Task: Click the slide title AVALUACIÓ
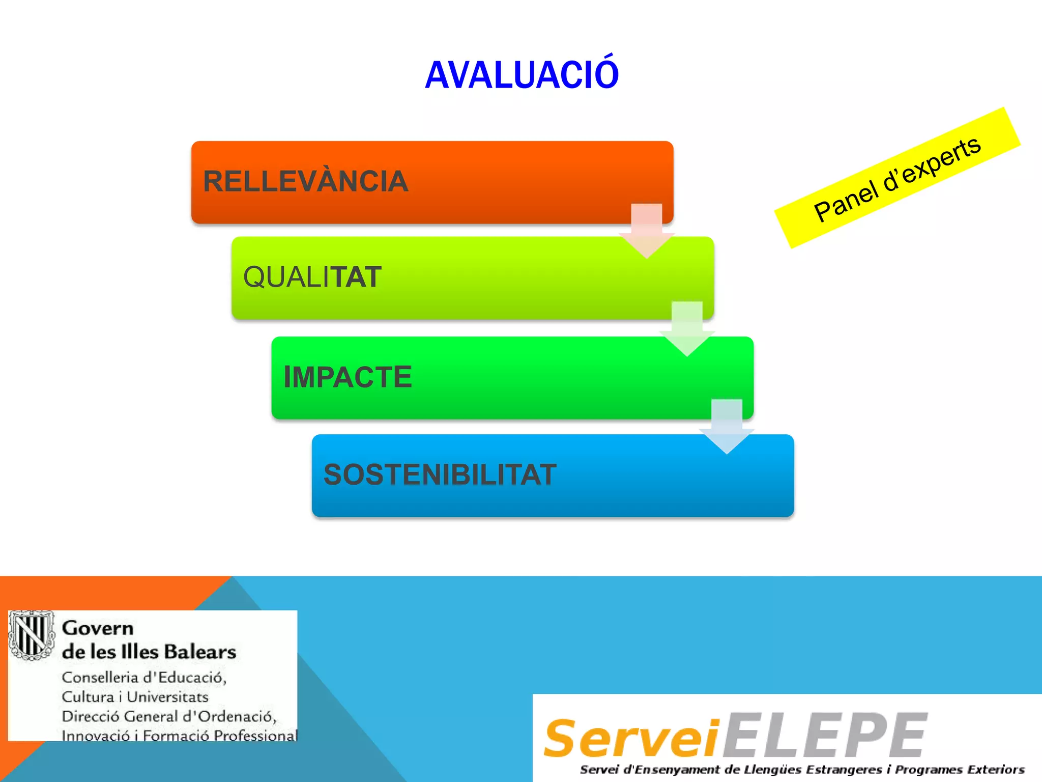pyautogui.click(x=522, y=75)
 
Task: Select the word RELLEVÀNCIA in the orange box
pyautogui.click(x=305, y=181)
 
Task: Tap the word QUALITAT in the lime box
pyautogui.click(x=312, y=277)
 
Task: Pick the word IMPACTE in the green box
pyautogui.click(x=348, y=377)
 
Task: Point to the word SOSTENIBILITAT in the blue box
pyautogui.click(x=440, y=474)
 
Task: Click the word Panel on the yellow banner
pyautogui.click(x=846, y=201)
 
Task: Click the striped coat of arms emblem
pyautogui.click(x=32, y=635)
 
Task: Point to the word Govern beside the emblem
pyautogui.click(x=98, y=628)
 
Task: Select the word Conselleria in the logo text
pyautogui.click(x=100, y=678)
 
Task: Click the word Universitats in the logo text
pyautogui.click(x=167, y=697)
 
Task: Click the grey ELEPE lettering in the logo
pyautogui.click(x=825, y=735)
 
